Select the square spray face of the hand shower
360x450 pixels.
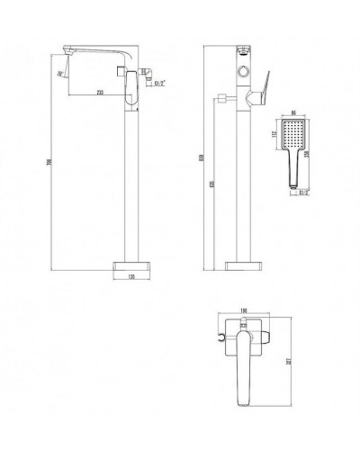(295, 135)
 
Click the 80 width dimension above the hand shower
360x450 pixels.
(295, 114)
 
